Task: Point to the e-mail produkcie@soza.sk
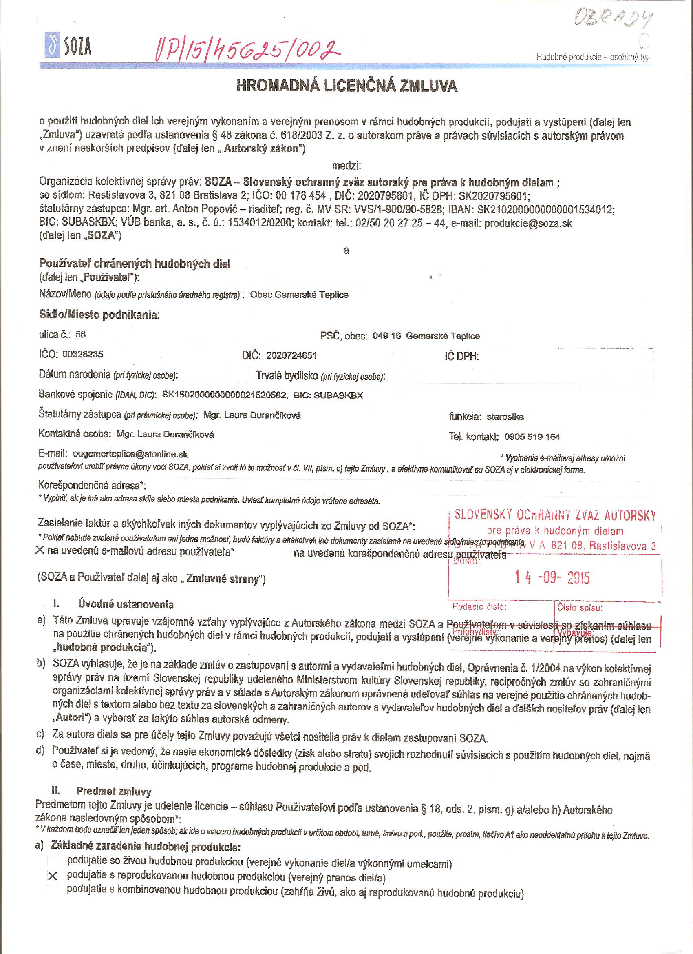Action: [528, 223]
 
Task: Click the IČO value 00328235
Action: [82, 354]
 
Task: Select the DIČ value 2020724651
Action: [291, 355]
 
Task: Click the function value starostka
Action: [505, 417]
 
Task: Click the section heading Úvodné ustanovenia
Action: [126, 604]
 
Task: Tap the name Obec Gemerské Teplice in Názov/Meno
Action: [299, 295]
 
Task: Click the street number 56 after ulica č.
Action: [80, 335]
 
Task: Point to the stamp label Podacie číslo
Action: [479, 608]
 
